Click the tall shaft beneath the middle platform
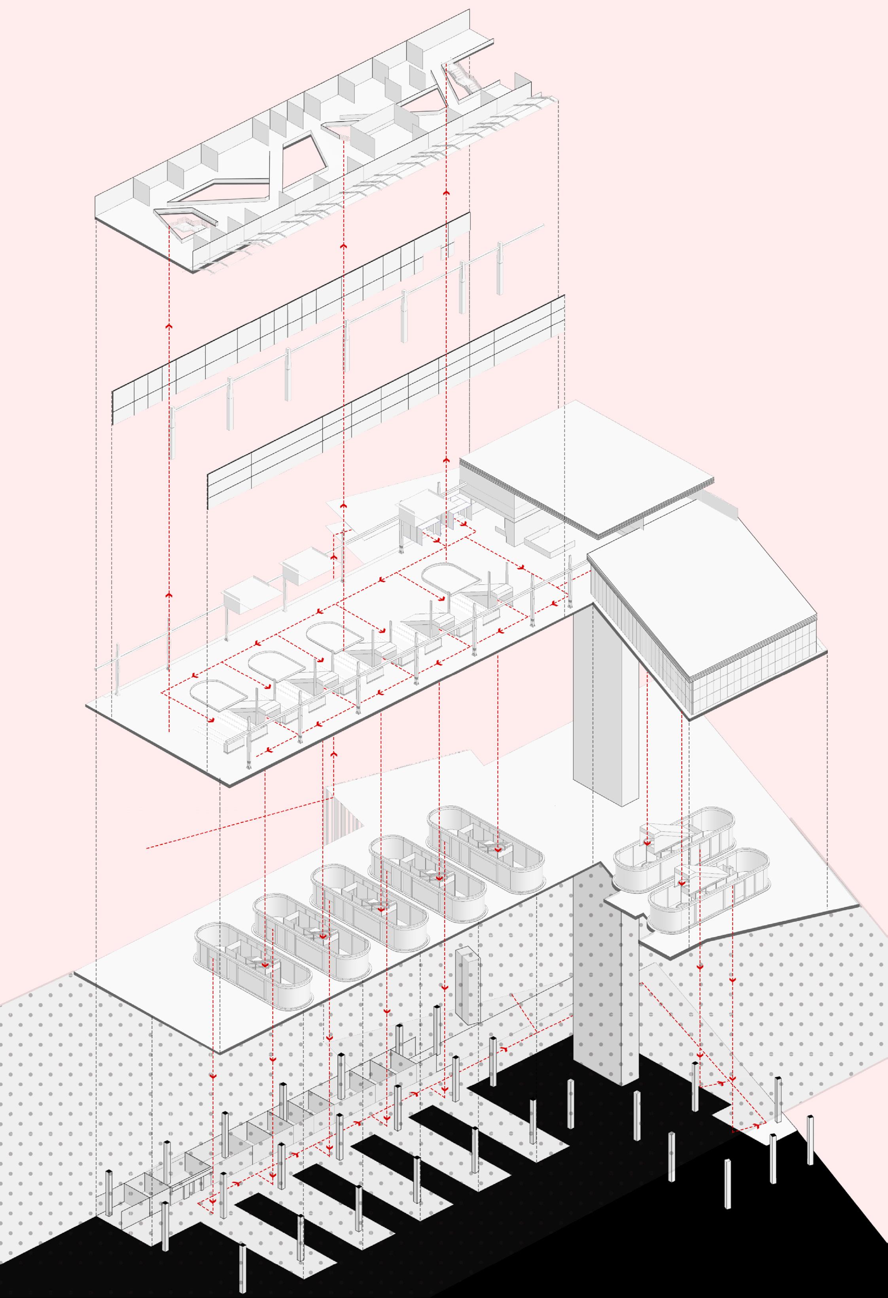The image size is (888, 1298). [x=606, y=698]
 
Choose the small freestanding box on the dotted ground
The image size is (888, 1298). [x=468, y=986]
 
